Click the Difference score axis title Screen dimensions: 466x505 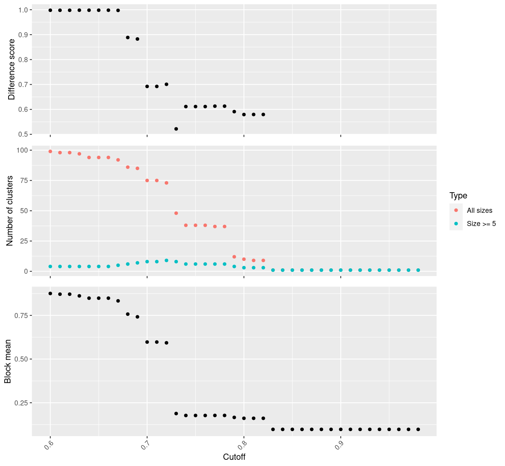point(12,70)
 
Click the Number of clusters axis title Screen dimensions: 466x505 point(10,211)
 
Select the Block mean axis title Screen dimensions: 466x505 point(8,362)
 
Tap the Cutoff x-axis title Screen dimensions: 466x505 point(234,457)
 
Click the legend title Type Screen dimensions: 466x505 point(458,195)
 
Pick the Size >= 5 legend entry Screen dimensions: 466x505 point(481,224)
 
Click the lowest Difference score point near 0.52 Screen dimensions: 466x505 point(176,129)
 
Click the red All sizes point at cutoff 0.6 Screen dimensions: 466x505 point(50,151)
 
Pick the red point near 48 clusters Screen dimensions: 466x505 point(176,213)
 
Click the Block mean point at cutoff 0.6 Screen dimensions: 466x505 point(50,293)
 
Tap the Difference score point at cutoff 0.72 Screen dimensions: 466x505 point(166,84)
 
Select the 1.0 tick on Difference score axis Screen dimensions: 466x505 point(23,10)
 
